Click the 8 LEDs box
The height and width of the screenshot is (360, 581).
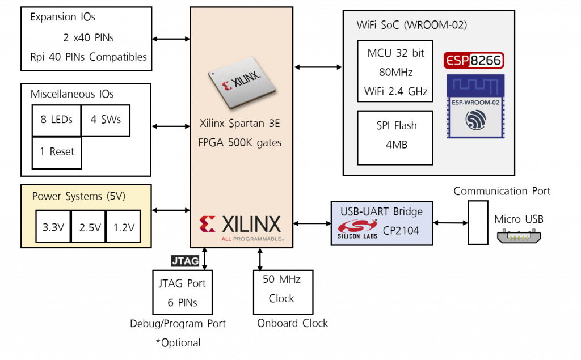56,120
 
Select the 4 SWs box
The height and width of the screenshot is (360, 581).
106,120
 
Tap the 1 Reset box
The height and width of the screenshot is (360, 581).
56,152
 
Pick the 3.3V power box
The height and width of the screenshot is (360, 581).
53,227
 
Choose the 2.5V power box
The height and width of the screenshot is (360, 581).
90,227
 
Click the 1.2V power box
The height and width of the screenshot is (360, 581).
124,227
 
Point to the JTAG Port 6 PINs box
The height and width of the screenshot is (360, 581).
182,292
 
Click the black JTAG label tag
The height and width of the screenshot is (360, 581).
185,261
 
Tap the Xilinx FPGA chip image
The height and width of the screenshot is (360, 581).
242,83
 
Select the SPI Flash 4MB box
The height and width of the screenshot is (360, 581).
395,135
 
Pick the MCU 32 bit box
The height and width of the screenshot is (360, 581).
395,72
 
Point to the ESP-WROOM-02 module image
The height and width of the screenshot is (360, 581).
475,106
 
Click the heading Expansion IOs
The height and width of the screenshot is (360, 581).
62,18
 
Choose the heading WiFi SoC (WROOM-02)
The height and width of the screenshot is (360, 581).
412,26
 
